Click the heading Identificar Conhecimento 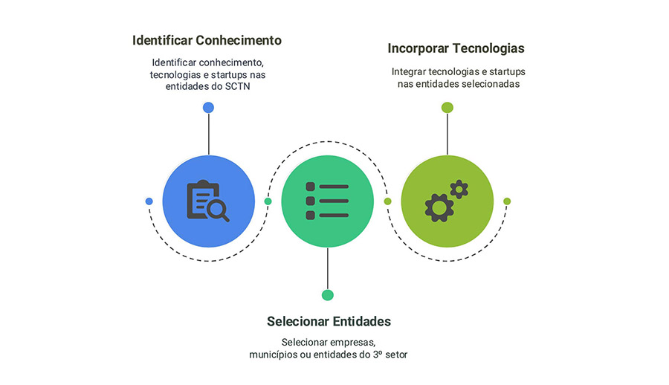(207, 40)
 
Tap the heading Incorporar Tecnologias (456, 48)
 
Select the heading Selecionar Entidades (329, 321)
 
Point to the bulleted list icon (327, 201)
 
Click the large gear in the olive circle (439, 208)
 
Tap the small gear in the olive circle (459, 189)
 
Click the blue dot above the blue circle (208, 108)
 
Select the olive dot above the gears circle (447, 108)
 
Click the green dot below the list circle (328, 295)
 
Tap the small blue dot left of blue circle (149, 201)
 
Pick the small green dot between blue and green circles (268, 201)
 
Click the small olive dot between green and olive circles (387, 201)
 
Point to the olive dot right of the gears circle (507, 201)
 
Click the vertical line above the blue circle (209, 134)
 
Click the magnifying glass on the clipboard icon (218, 210)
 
